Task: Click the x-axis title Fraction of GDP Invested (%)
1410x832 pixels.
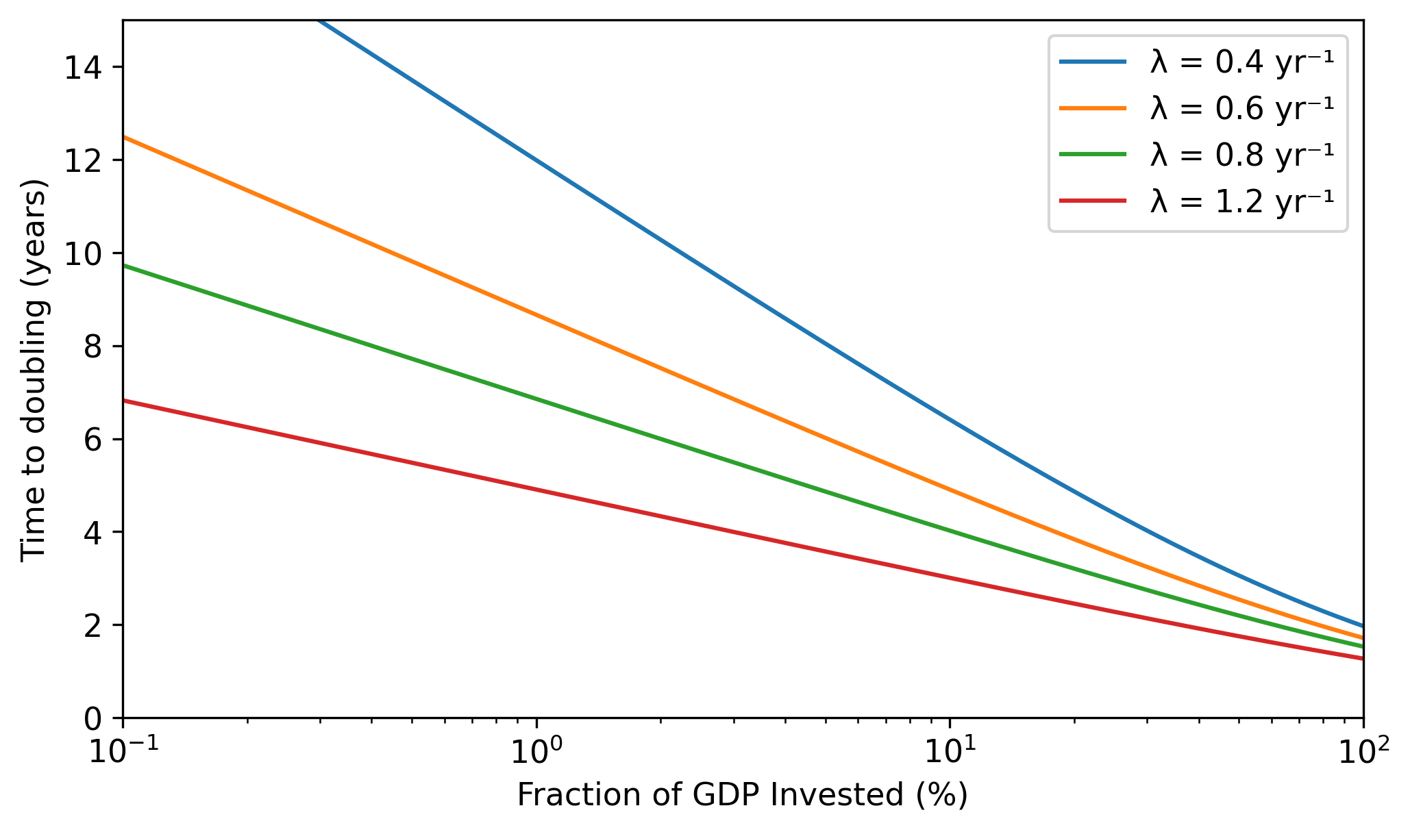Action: [x=743, y=796]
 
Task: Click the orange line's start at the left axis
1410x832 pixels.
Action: [x=124, y=137]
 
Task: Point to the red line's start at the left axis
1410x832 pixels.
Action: [x=124, y=401]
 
